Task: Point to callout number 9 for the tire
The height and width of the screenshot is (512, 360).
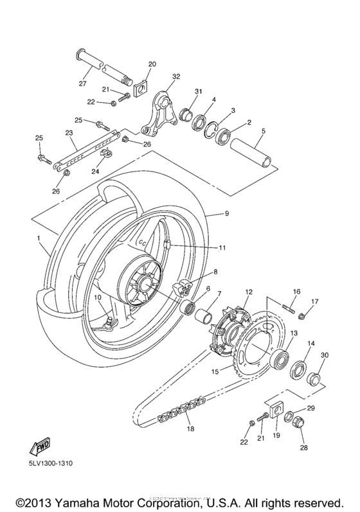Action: point(226,213)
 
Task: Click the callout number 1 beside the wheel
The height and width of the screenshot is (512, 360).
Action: point(40,238)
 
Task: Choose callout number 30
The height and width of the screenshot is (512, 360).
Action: point(325,355)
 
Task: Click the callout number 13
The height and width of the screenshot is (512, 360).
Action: point(294,333)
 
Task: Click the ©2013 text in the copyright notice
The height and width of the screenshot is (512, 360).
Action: point(37,499)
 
